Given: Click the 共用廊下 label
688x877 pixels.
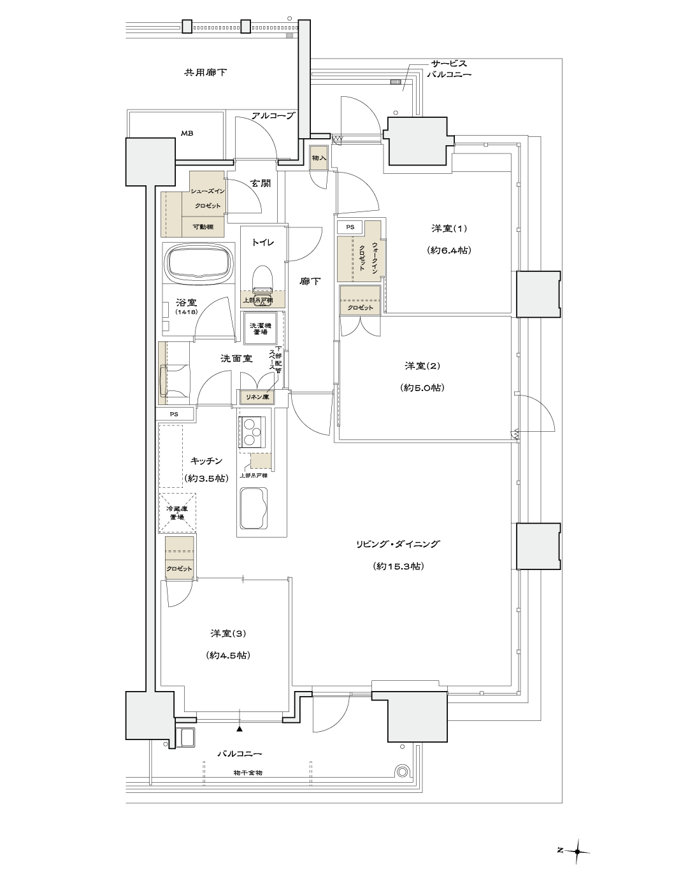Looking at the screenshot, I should [x=205, y=73].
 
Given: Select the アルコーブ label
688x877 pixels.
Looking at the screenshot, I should [x=273, y=116].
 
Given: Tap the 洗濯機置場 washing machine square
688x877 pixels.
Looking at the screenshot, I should [x=258, y=328].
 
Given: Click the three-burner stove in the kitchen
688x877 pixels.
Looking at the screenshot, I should [x=254, y=432].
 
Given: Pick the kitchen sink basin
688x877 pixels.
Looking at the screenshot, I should [x=254, y=508].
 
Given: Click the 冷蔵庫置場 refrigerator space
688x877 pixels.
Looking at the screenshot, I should [x=176, y=513].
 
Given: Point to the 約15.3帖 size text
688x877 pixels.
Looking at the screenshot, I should [x=398, y=566].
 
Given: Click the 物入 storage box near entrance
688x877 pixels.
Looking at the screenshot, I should [x=319, y=158].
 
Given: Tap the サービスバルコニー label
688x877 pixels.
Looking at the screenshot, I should [x=449, y=69].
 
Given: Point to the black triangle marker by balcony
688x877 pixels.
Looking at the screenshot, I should [x=240, y=727].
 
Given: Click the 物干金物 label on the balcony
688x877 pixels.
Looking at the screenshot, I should [x=248, y=773].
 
